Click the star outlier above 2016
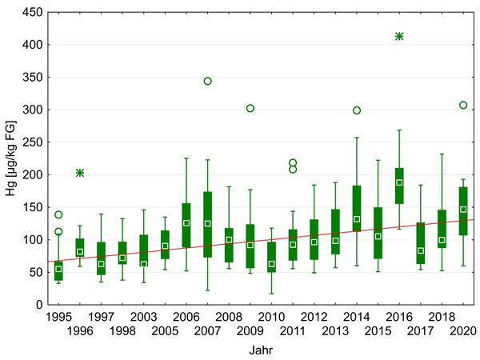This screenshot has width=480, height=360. pyautogui.click(x=399, y=36)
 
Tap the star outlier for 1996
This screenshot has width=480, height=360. pyautogui.click(x=80, y=173)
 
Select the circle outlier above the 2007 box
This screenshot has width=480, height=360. pyautogui.click(x=207, y=81)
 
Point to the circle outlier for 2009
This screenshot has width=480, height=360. pyautogui.click(x=250, y=108)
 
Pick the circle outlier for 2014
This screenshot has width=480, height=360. pyautogui.click(x=357, y=110)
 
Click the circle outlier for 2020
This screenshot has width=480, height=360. pyautogui.click(x=463, y=105)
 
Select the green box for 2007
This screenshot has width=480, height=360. pyautogui.click(x=207, y=224)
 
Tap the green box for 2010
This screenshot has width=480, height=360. pyautogui.click(x=271, y=256)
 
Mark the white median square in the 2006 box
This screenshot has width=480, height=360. pyautogui.click(x=186, y=223)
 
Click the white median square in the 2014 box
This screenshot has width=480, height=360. pyautogui.click(x=357, y=218)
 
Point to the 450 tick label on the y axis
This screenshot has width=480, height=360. pyautogui.click(x=32, y=13)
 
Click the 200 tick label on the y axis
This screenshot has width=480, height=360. pyautogui.click(x=32, y=174)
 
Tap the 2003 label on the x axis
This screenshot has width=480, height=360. pyautogui.click(x=143, y=318)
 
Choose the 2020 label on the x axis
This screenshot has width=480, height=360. pyautogui.click(x=463, y=330)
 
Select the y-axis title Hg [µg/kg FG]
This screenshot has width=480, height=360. pyautogui.click(x=10, y=158)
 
